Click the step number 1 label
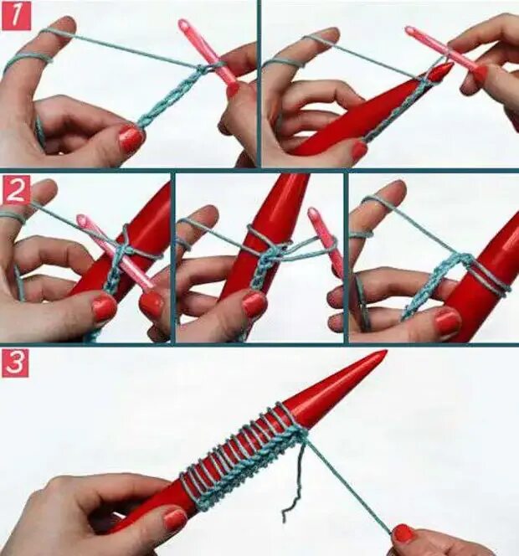pyautogui.click(x=16, y=16)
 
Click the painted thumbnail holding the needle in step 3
pyautogui.click(x=175, y=519)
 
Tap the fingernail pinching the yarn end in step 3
pyautogui.click(x=403, y=533)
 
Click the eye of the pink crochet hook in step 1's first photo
pyautogui.click(x=183, y=24)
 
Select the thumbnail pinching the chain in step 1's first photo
pyautogui.click(x=131, y=139)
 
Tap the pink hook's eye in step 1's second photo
pyautogui.click(x=411, y=30)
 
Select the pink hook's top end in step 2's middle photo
pyautogui.click(x=313, y=214)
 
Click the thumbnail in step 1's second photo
pyautogui.click(x=359, y=150)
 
